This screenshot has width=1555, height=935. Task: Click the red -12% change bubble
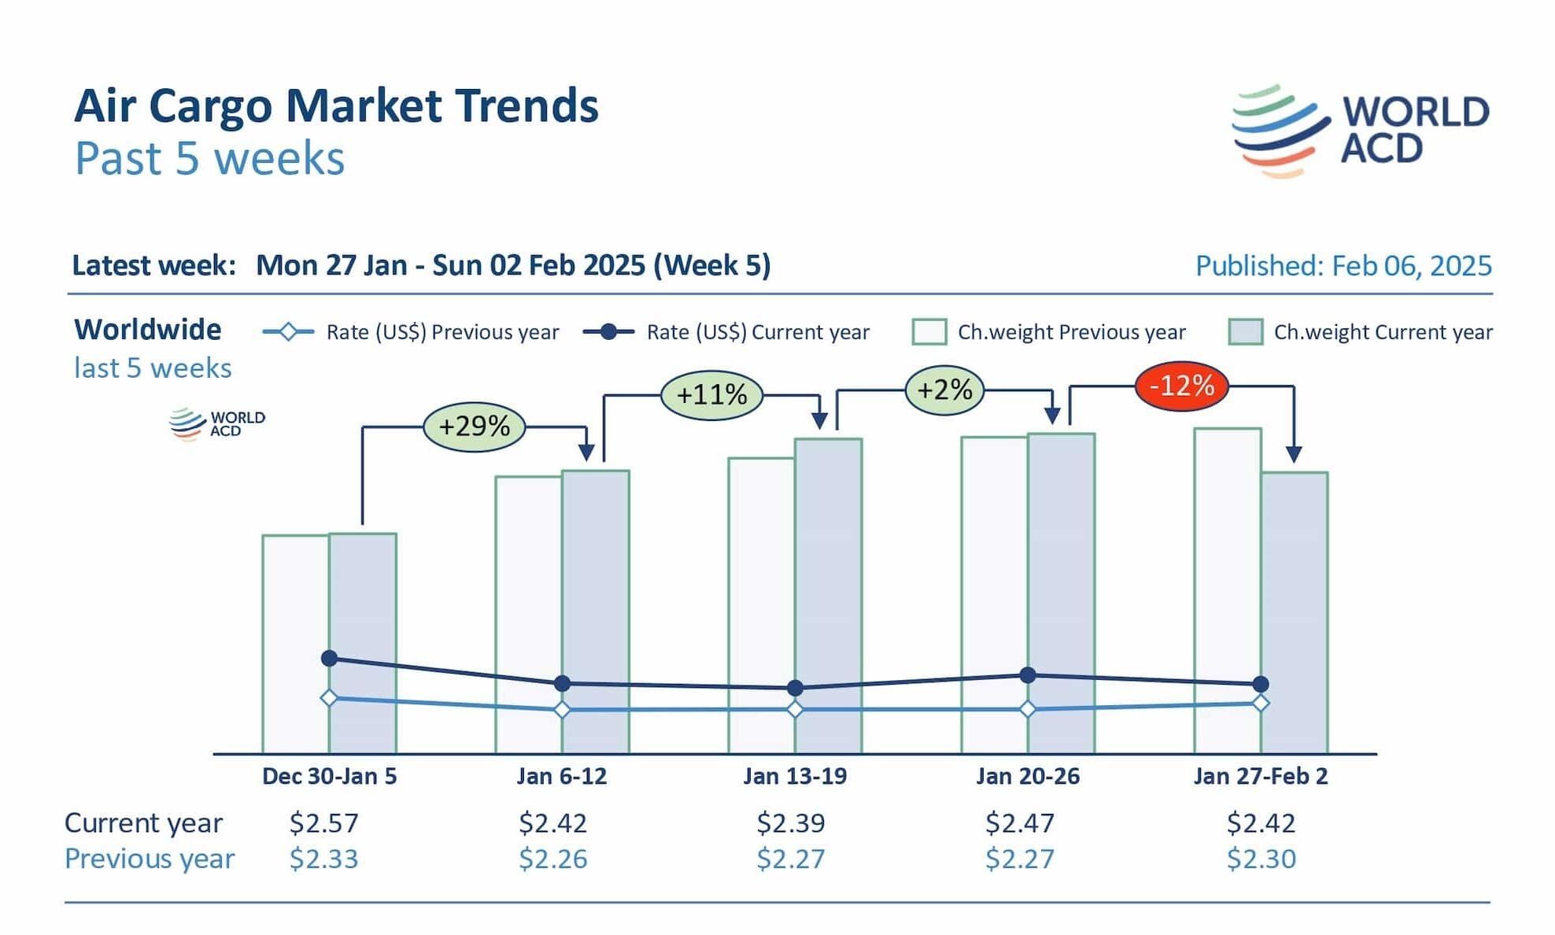(1181, 386)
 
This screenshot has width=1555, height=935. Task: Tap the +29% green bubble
(474, 427)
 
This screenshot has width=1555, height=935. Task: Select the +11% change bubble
(711, 394)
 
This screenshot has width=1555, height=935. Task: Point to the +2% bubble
(944, 390)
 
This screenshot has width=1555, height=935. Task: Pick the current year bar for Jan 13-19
(828, 567)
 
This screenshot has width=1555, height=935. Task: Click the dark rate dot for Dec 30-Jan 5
(330, 658)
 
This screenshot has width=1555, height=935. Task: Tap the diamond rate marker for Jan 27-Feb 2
(1260, 703)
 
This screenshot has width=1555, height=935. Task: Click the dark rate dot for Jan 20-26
(1028, 674)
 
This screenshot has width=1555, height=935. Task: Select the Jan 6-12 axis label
(562, 777)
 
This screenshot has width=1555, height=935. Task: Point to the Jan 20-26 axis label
(1028, 777)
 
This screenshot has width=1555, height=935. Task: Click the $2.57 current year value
(323, 823)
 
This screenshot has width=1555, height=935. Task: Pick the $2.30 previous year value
(1261, 859)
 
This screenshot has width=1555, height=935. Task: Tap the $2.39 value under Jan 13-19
(790, 823)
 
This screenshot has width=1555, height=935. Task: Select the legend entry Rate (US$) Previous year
(412, 332)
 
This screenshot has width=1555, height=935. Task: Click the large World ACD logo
(1360, 131)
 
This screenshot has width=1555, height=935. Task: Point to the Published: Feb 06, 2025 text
(1343, 266)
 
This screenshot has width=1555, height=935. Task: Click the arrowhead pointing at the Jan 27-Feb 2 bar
(1294, 454)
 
